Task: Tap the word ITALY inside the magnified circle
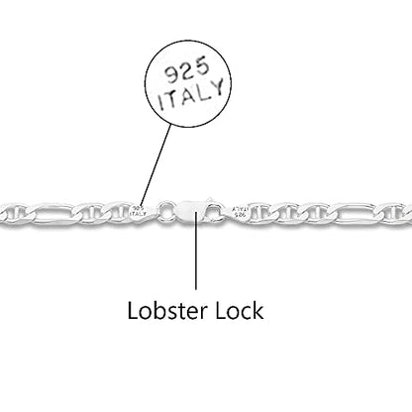pyautogui.click(x=191, y=95)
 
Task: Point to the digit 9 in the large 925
pyautogui.click(x=172, y=75)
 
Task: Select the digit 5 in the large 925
pyautogui.click(x=202, y=64)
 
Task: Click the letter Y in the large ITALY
pyautogui.click(x=216, y=87)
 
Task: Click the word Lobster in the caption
pyautogui.click(x=167, y=310)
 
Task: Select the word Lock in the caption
pyautogui.click(x=240, y=310)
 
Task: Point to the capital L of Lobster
pyautogui.click(x=132, y=310)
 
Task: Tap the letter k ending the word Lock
pyautogui.click(x=258, y=310)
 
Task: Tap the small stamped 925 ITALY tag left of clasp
pyautogui.click(x=139, y=211)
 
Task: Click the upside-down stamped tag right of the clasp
pyautogui.click(x=240, y=212)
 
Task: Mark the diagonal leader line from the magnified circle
pyautogui.click(x=155, y=165)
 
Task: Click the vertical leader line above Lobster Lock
pyautogui.click(x=196, y=251)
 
